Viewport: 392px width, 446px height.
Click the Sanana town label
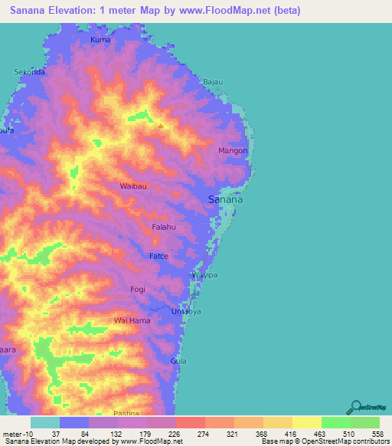tap(226, 199)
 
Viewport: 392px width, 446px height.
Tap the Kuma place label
tap(100, 39)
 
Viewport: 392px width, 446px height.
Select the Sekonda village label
tap(31, 72)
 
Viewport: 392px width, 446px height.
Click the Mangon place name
tap(233, 151)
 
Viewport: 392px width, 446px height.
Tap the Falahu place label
tap(164, 228)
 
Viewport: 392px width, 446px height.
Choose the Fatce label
tap(158, 256)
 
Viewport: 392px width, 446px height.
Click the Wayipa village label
tap(204, 274)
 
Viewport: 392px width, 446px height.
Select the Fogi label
tap(138, 289)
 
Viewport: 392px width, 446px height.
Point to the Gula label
tap(178, 360)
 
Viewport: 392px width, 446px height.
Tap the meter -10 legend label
tap(16, 434)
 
